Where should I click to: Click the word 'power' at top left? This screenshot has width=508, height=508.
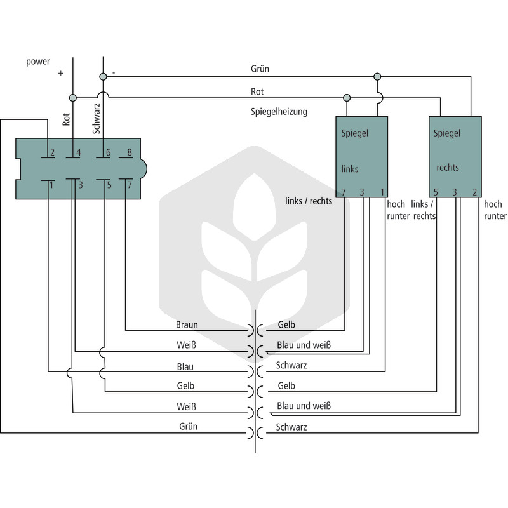click(38, 62)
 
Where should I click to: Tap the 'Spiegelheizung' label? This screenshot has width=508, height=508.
click(279, 112)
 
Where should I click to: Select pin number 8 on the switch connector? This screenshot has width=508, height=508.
click(130, 152)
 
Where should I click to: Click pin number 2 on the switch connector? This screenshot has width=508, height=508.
click(52, 152)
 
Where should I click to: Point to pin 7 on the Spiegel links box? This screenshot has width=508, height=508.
click(344, 192)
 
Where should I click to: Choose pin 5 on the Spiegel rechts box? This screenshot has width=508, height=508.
click(436, 192)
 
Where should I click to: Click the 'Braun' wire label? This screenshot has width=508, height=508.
click(187, 324)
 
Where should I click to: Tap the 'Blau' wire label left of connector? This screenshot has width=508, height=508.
click(185, 367)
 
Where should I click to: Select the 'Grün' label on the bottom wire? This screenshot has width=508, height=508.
click(188, 426)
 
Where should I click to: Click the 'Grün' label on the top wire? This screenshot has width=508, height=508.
click(260, 69)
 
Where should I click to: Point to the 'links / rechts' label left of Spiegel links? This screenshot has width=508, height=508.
click(309, 201)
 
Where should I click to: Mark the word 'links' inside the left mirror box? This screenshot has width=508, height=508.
click(350, 169)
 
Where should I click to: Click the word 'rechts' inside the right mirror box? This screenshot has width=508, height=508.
click(448, 168)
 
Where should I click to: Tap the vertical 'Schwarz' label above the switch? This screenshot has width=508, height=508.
click(97, 119)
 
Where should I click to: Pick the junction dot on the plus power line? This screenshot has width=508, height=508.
click(73, 98)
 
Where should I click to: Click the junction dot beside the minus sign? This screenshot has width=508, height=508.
click(103, 77)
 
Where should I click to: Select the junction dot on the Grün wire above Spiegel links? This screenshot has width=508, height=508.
click(377, 77)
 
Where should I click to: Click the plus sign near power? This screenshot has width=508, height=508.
click(60, 74)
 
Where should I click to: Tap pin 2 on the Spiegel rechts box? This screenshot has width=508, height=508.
click(474, 192)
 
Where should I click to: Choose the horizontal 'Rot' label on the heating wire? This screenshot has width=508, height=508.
click(257, 91)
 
